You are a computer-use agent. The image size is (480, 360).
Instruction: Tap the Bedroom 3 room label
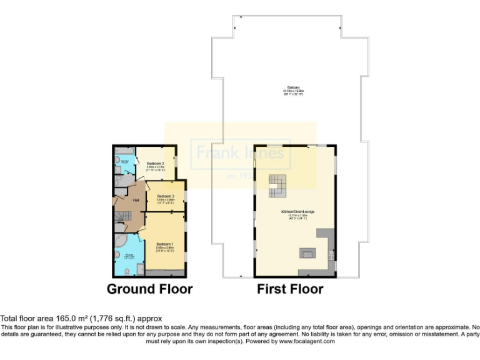165,196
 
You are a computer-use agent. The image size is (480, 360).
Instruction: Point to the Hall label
136,200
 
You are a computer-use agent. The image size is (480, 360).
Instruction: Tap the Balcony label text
292,87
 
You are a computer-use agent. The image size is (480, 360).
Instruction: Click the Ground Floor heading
149,289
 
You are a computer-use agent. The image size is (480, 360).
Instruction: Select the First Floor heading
290,289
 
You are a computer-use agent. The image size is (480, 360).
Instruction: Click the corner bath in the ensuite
121,242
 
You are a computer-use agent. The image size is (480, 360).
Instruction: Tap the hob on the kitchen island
307,254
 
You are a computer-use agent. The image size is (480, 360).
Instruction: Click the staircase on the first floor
277,184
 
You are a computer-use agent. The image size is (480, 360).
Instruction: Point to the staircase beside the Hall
125,216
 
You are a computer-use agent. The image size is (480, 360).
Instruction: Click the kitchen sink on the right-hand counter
329,254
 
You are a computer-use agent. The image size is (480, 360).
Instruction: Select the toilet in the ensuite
127,271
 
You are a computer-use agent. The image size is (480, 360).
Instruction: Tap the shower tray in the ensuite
141,269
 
